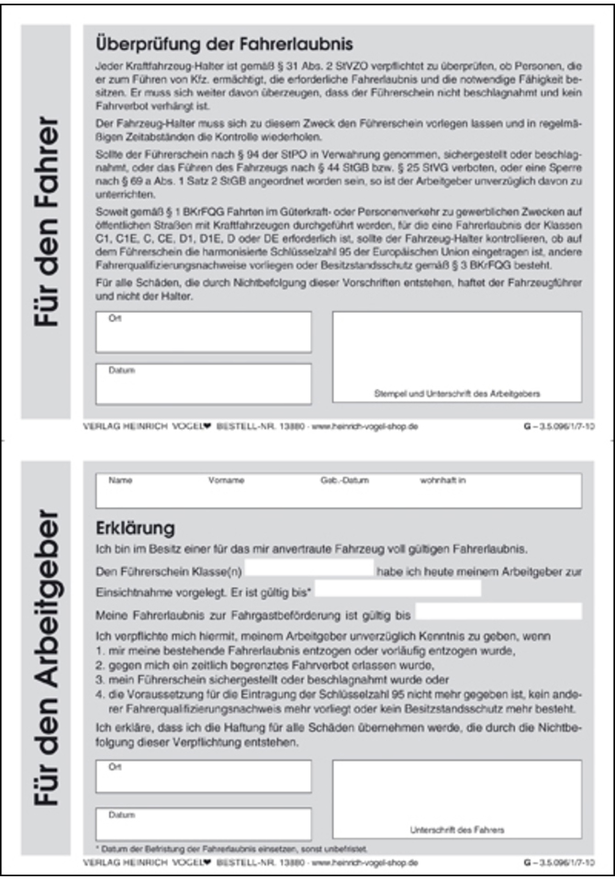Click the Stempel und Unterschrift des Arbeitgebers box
(456, 358)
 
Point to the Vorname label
(220, 480)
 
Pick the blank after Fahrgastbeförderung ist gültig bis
(498, 611)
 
